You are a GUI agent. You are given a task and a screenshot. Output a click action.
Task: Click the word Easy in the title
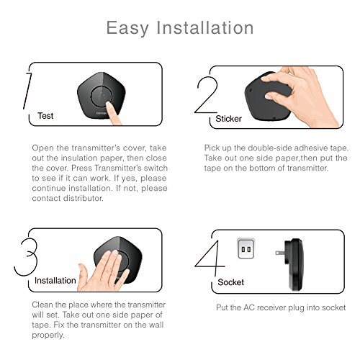point(127,28)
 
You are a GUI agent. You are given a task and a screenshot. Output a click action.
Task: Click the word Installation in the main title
point(205,27)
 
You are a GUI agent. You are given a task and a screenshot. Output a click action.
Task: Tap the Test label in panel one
point(45,116)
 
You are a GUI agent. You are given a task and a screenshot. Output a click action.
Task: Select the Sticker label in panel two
point(228,119)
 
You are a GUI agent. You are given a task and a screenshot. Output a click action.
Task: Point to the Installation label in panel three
point(55,280)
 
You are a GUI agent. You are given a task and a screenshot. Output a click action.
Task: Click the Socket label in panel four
point(230,282)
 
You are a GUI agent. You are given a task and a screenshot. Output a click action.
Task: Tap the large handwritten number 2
point(206,94)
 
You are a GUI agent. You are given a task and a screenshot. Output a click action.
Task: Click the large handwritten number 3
point(26,256)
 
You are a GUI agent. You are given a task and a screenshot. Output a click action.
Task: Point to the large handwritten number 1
point(27,91)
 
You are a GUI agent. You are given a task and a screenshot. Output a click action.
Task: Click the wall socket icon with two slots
point(246,248)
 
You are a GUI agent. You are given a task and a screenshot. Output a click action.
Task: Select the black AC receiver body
point(294,265)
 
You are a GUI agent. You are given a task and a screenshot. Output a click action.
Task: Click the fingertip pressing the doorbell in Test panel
point(109,105)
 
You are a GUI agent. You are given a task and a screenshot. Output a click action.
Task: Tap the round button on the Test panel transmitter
point(102,97)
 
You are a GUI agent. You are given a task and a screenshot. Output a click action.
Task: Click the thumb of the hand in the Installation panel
point(83,274)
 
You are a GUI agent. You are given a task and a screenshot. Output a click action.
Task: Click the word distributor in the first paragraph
point(83,198)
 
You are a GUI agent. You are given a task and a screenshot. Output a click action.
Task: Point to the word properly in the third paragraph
point(48,335)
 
